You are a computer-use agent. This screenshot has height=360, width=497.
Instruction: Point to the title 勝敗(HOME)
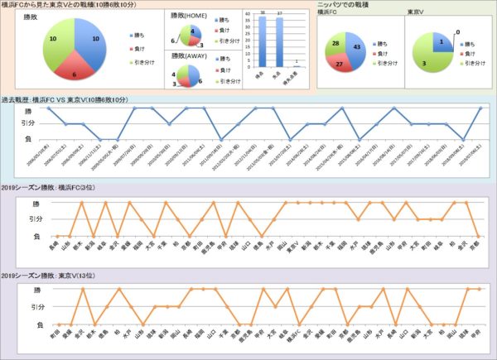click(189, 15)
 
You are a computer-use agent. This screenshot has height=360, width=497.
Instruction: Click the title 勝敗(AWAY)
click(189, 55)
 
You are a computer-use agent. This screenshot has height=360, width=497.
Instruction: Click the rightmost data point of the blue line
click(480, 108)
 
